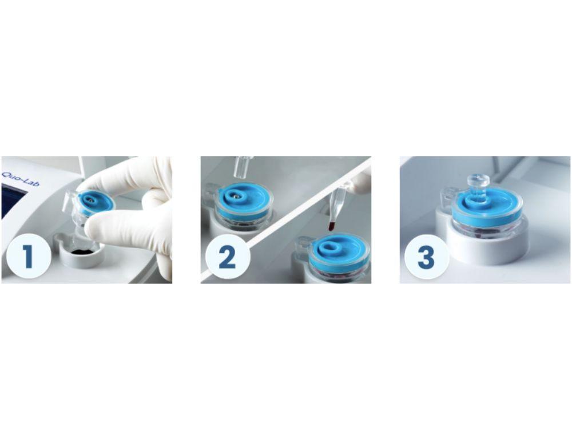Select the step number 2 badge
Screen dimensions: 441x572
pyautogui.click(x=227, y=258)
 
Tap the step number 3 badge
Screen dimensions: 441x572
pyautogui.click(x=426, y=258)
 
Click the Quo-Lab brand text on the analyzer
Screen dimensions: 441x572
pyautogui.click(x=15, y=171)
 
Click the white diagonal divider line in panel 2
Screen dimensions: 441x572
pyautogui.click(x=286, y=220)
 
